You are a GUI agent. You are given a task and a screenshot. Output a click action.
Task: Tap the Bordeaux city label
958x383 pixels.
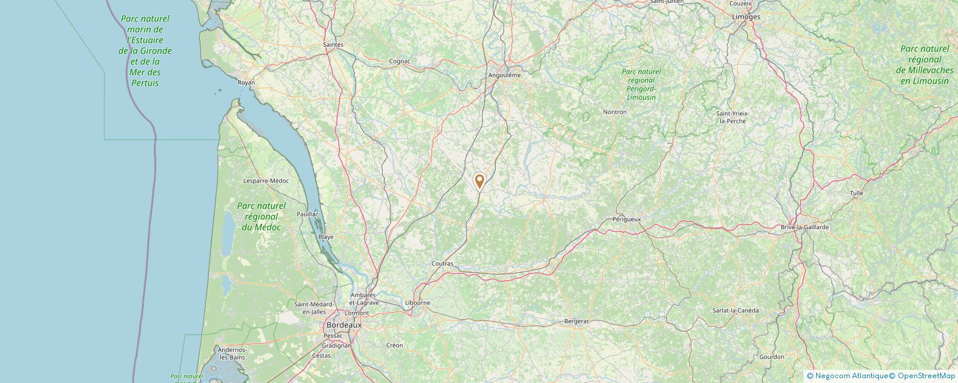coord(344,324)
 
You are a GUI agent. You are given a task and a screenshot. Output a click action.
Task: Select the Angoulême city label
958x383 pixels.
coord(504,75)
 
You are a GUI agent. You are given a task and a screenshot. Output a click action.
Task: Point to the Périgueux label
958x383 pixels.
coord(626,219)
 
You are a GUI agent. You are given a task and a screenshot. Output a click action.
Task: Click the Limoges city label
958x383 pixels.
coord(745,17)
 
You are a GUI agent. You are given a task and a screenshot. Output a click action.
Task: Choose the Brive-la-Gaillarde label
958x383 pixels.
coord(805,227)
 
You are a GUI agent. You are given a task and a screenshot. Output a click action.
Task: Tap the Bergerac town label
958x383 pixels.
coord(577,321)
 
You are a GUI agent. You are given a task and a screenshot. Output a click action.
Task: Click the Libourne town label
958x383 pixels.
coord(417,303)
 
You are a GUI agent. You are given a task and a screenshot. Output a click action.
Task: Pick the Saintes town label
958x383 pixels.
coord(333,45)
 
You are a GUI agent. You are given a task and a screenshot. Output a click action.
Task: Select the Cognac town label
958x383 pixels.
coord(399,61)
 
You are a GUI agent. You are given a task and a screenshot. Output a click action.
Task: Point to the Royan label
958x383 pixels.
coord(246,83)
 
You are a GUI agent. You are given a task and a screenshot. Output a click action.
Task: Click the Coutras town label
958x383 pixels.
coord(442,263)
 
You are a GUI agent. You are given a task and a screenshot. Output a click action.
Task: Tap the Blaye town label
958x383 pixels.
coord(326,237)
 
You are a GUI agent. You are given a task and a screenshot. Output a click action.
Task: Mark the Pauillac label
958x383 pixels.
coord(307,214)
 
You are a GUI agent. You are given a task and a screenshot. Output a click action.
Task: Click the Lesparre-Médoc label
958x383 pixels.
coord(266,181)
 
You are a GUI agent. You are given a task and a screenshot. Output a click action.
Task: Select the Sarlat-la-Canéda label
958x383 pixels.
coord(735,310)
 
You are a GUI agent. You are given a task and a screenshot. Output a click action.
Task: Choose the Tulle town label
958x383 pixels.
coord(856,193)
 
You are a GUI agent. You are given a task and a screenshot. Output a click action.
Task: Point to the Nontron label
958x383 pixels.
coord(615,112)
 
